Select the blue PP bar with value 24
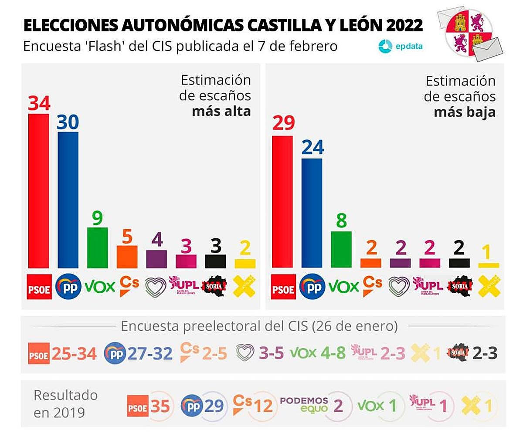click(312, 213)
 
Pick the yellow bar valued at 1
click(489, 265)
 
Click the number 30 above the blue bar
click(68, 123)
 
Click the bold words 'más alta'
click(221, 111)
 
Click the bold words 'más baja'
click(465, 112)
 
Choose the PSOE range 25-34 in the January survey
click(74, 353)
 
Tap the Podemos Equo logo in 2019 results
click(304, 404)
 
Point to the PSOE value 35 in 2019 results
click(160, 406)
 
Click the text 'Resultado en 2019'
click(65, 403)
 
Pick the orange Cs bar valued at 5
click(127, 257)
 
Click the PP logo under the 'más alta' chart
click(68, 286)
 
